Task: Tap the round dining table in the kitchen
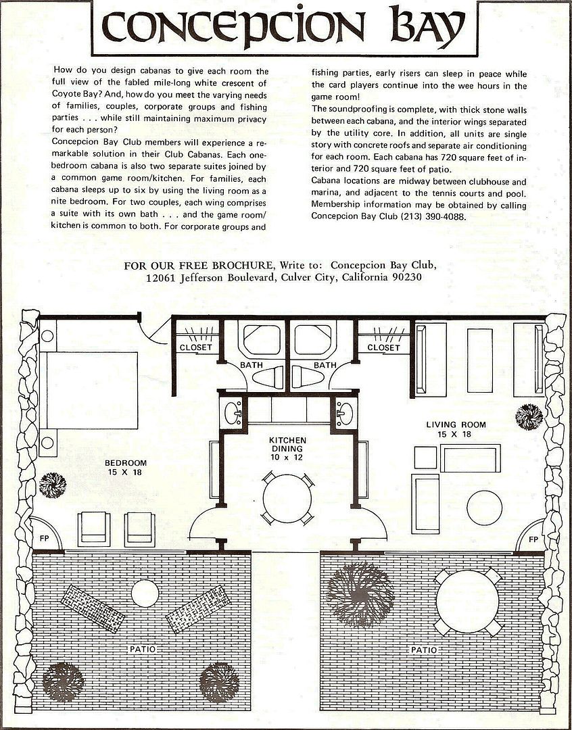coord(287,499)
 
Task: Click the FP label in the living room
coord(533,539)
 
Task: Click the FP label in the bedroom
coord(44,538)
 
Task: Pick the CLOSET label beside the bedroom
coord(195,347)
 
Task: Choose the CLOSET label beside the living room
coord(383,348)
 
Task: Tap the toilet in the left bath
coord(268,377)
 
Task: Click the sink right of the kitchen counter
coord(345,414)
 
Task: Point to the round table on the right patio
coord(468,601)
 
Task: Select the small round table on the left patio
coord(145,593)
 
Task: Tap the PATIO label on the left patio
coord(143,649)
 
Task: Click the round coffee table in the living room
coord(484,508)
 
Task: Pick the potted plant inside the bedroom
coord(53,485)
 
